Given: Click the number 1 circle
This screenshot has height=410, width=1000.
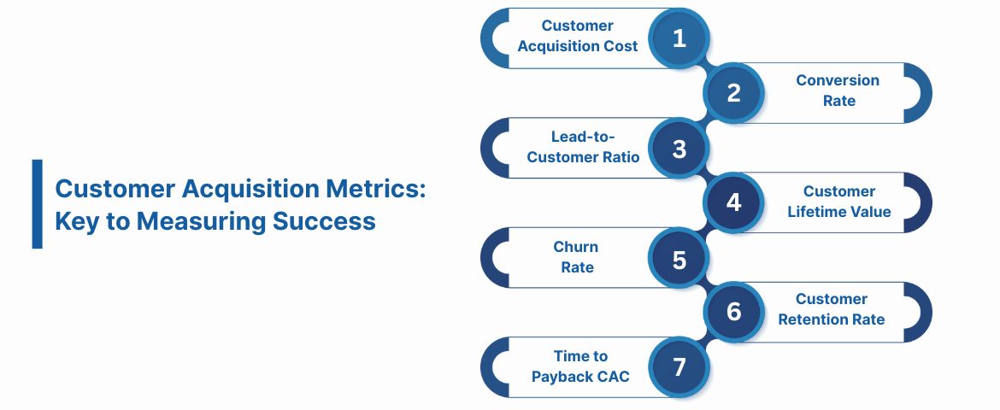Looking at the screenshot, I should [679, 38].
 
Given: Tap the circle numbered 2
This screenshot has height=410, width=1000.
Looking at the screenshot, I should [733, 93].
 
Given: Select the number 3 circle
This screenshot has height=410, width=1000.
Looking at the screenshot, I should [679, 149].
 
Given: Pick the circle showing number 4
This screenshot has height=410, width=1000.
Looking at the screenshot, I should [733, 203].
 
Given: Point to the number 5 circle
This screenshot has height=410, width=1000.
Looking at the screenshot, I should [679, 259].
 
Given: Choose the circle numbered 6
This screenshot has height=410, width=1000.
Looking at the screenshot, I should [733, 313].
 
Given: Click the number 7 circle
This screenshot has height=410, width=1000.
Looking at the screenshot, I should [679, 367].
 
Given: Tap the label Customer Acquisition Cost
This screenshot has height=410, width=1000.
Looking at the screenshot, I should [578, 36].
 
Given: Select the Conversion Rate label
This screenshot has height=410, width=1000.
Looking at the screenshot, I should [838, 91].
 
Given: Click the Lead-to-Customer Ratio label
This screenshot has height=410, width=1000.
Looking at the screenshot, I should [583, 146].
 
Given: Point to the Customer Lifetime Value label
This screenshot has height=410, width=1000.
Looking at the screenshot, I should [839, 202].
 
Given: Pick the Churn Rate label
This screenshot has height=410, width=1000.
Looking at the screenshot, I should [576, 257].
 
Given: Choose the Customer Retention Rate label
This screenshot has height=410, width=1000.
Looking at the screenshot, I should [832, 309].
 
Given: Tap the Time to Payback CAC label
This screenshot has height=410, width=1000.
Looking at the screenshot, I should [580, 366].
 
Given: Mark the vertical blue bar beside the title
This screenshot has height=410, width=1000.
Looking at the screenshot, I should [37, 203].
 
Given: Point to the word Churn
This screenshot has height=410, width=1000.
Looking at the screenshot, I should [576, 247].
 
